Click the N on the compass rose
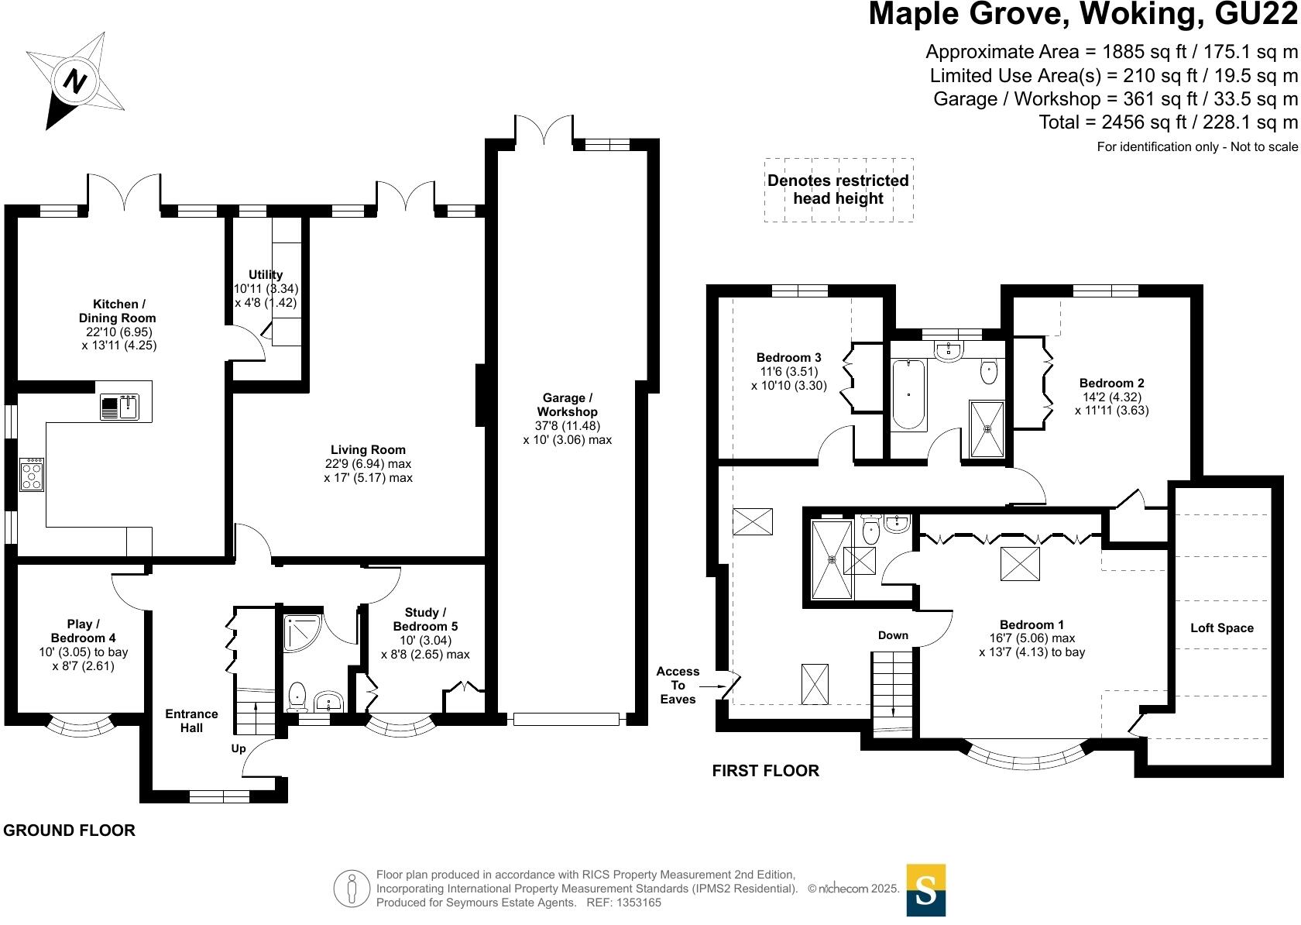[x=75, y=81]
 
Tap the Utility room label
[x=266, y=275]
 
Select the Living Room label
[x=368, y=449]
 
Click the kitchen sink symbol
[x=119, y=407]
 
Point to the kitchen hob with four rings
[x=32, y=474]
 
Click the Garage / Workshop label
[x=567, y=404]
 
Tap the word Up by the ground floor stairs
[x=239, y=748]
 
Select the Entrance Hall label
[x=191, y=720]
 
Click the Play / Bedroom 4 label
[x=84, y=631]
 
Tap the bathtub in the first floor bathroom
[x=908, y=394]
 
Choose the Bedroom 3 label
[x=788, y=357]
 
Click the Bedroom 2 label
[x=1111, y=383]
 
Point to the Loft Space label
[x=1221, y=628]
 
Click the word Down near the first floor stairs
[x=893, y=635]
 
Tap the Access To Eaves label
[x=678, y=685]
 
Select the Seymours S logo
[x=925, y=890]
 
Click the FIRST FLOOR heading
[x=765, y=770]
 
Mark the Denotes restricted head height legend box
[x=839, y=190]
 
